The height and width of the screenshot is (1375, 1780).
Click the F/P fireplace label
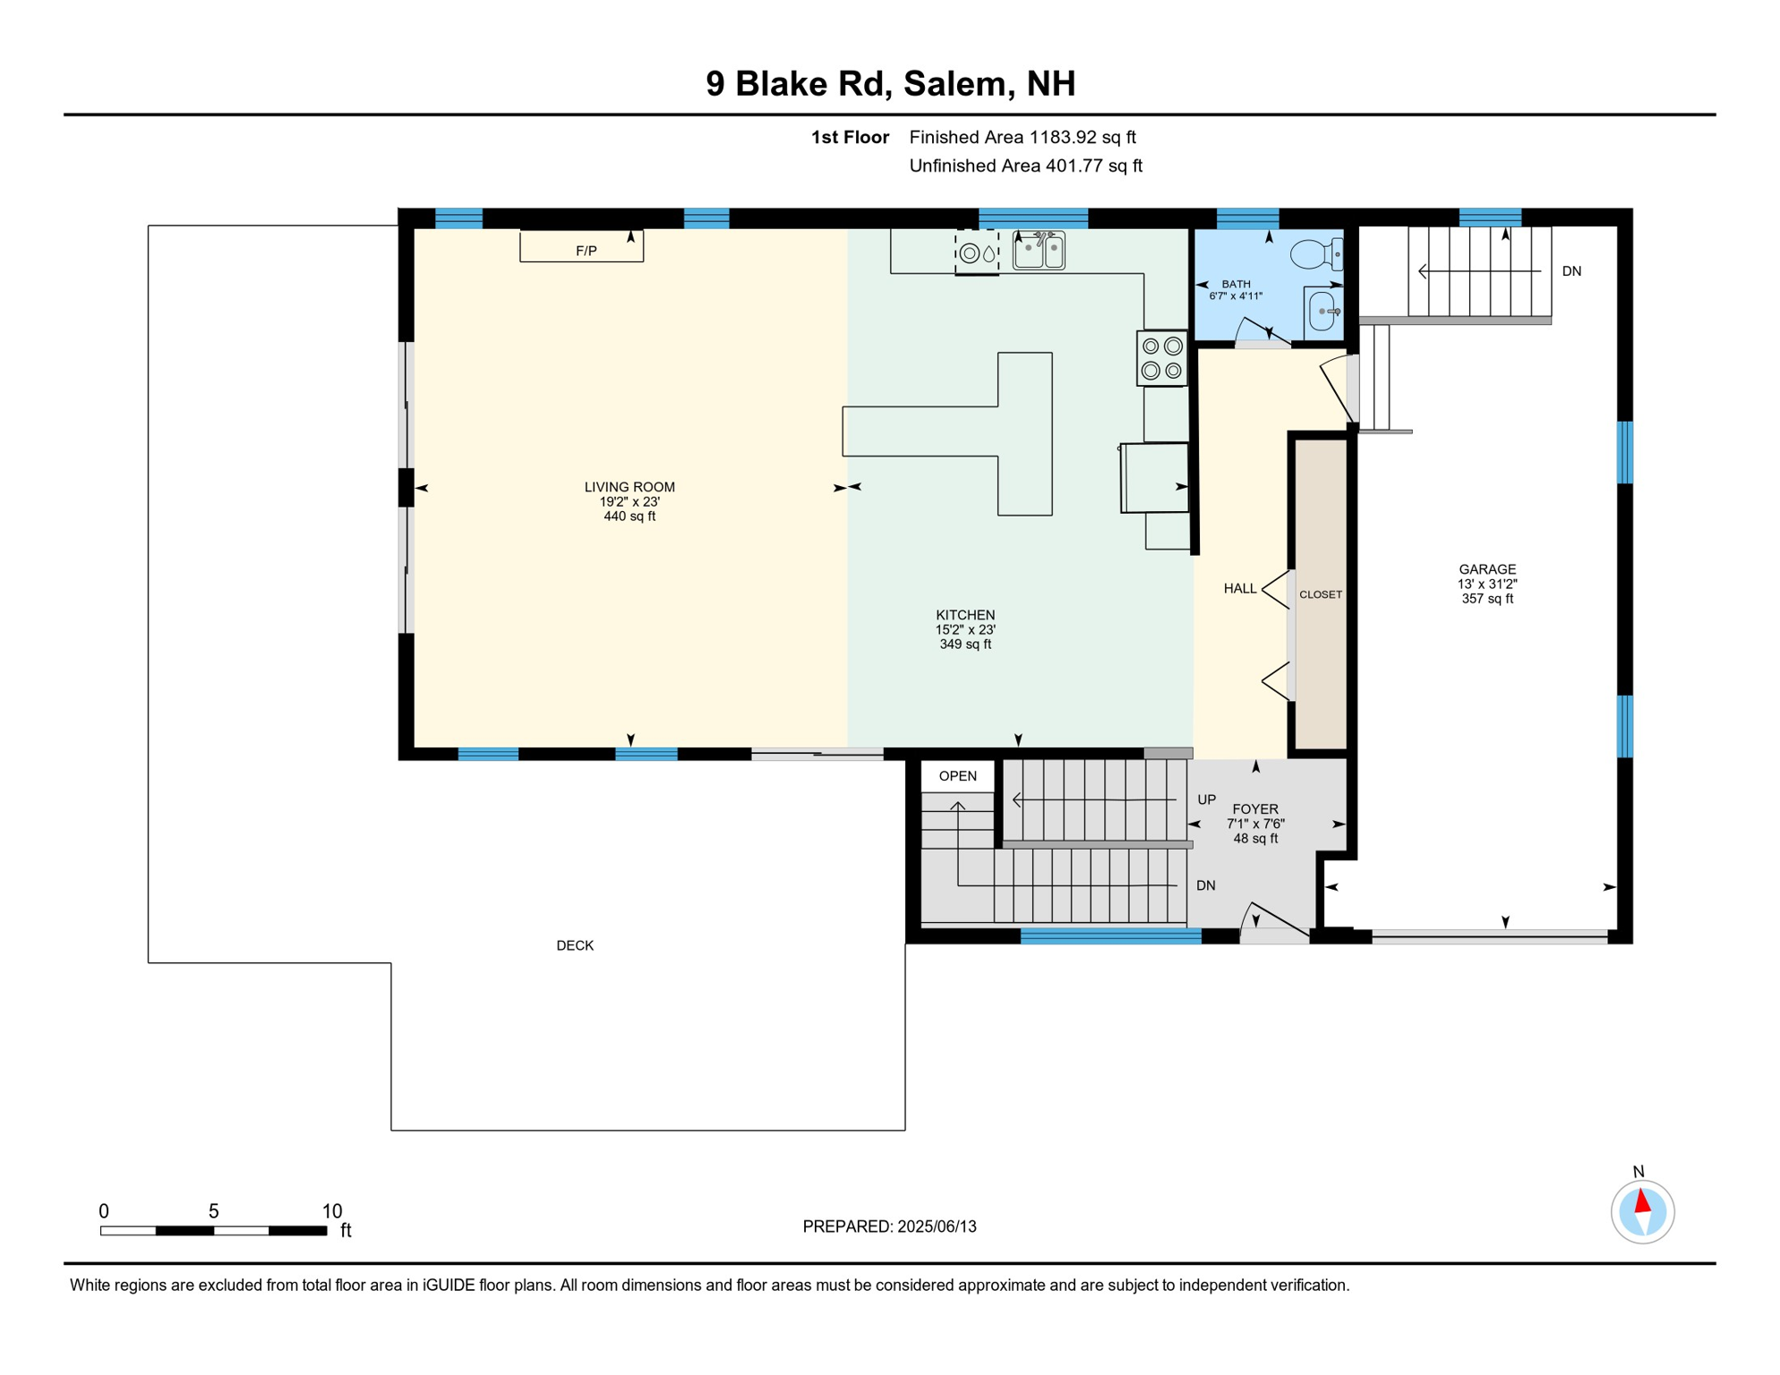pyautogui.click(x=586, y=252)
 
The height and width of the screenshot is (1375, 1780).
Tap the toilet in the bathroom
pyautogui.click(x=1316, y=254)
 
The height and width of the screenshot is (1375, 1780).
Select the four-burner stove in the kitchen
pyautogui.click(x=1162, y=359)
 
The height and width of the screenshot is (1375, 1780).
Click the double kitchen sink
pyautogui.click(x=1039, y=251)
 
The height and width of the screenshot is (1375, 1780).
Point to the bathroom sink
pyautogui.click(x=1323, y=312)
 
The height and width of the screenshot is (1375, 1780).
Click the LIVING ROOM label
pyautogui.click(x=629, y=487)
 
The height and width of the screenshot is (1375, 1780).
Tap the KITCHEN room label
pyautogui.click(x=965, y=615)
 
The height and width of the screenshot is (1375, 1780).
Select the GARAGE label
pyautogui.click(x=1487, y=569)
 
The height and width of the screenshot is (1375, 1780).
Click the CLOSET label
pyautogui.click(x=1321, y=594)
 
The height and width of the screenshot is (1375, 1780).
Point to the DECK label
pyautogui.click(x=575, y=945)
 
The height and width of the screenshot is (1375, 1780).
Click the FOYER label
pyautogui.click(x=1255, y=809)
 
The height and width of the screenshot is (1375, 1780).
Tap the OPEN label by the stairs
pyautogui.click(x=958, y=776)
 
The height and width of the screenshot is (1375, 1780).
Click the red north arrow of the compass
pyautogui.click(x=1642, y=1200)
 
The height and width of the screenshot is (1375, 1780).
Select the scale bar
pyautogui.click(x=213, y=1231)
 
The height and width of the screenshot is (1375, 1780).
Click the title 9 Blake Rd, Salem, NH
pyautogui.click(x=890, y=84)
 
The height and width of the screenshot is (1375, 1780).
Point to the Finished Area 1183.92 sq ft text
pyautogui.click(x=1023, y=137)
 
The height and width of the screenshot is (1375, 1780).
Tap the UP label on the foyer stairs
pyautogui.click(x=1207, y=799)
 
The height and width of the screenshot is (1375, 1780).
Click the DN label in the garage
pyautogui.click(x=1571, y=271)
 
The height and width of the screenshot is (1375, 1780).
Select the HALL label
pyautogui.click(x=1240, y=588)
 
